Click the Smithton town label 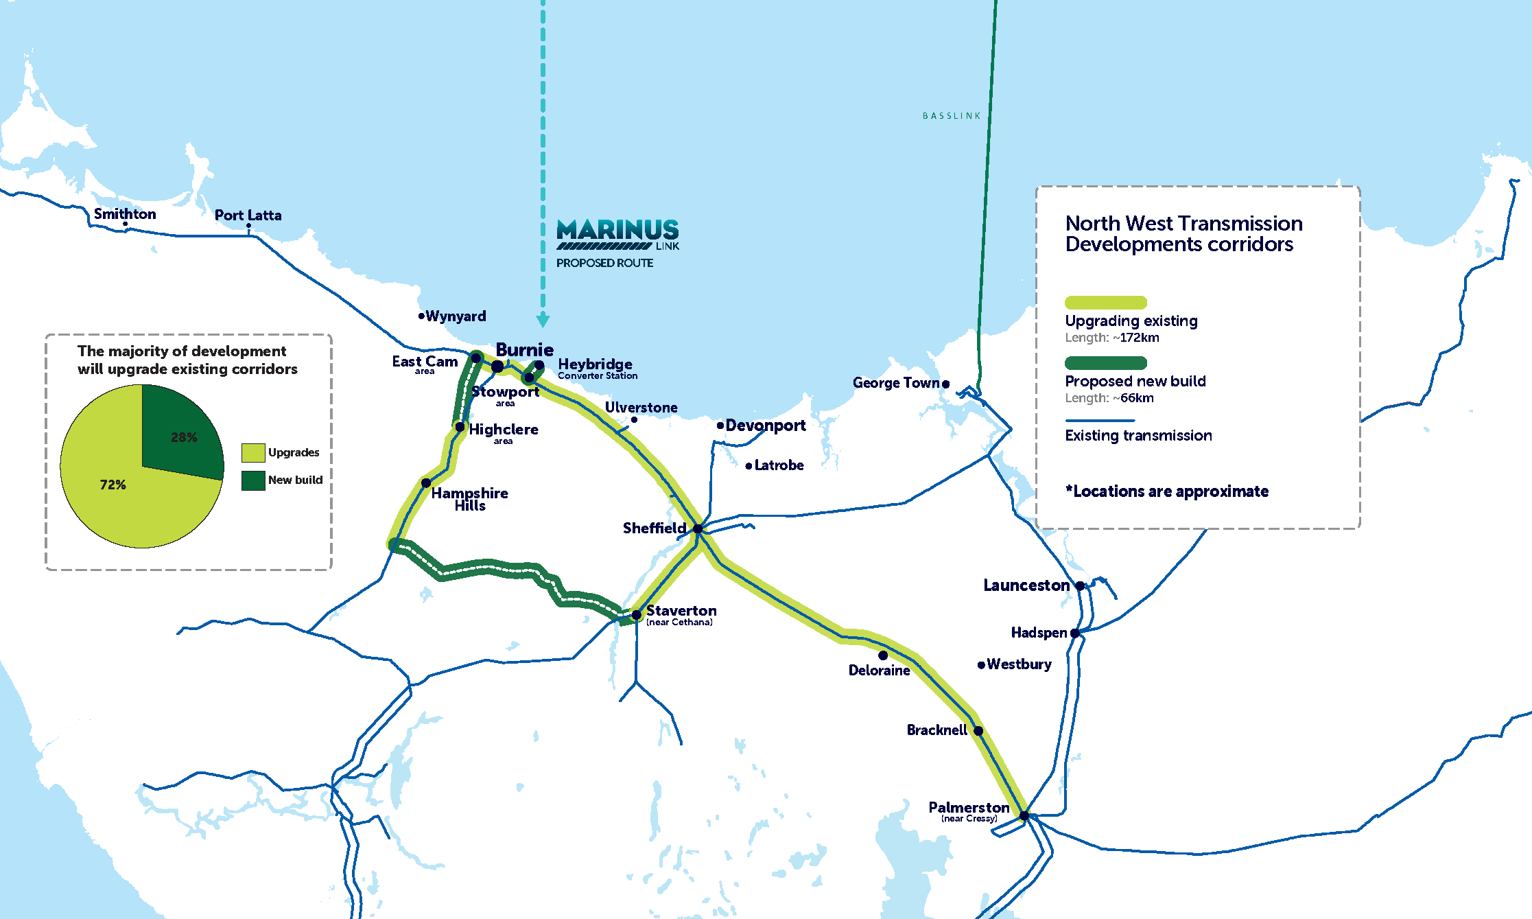125,214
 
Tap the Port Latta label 248,216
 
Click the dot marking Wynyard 421,316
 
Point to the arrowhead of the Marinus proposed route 543,321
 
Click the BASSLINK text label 951,116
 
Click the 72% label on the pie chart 113,485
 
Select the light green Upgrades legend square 253,452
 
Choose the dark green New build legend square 253,480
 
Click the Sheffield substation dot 698,528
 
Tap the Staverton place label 681,610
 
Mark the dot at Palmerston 1024,816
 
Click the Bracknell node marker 978,731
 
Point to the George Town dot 945,384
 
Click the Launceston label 1026,585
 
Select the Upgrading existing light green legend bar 1105,303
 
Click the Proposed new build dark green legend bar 1105,363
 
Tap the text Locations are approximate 1170,491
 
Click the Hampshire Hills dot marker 426,483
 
